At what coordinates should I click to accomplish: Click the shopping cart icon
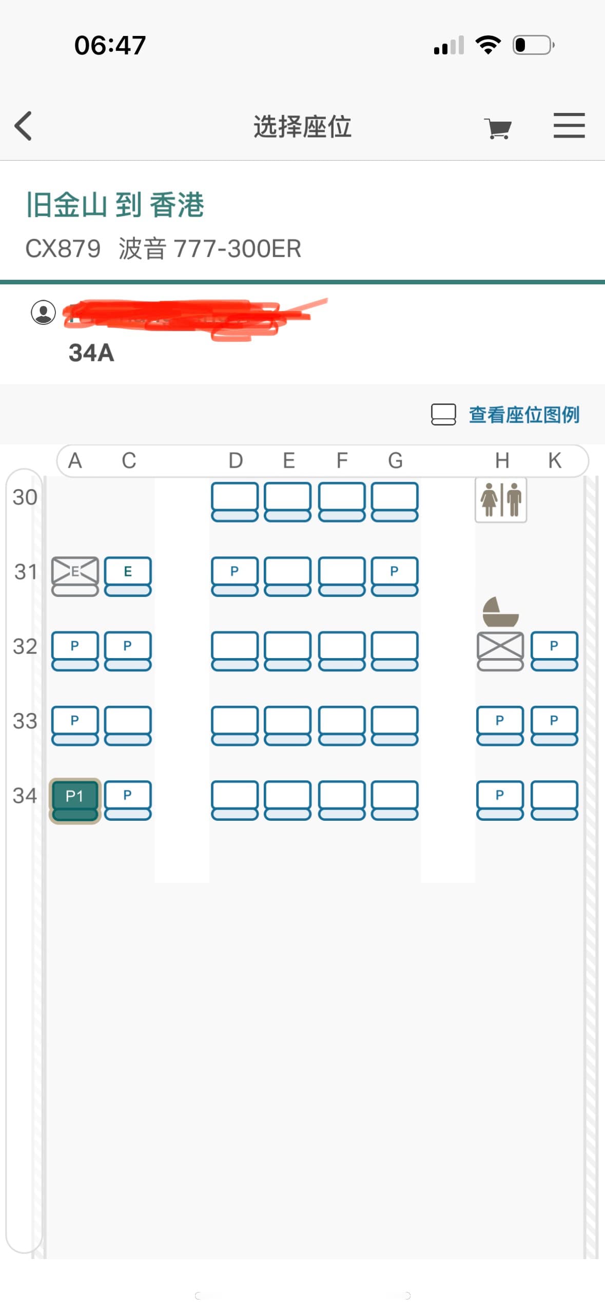[498, 128]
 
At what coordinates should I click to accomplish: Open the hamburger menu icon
[569, 126]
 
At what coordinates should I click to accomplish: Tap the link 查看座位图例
[523, 415]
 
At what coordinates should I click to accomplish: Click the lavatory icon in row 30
[500, 499]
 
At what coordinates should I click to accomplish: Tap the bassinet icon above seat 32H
[500, 612]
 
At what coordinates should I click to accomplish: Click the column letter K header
[554, 460]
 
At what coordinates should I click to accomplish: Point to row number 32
[25, 647]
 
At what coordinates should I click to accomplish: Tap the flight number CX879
[63, 249]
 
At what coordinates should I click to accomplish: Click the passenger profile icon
[44, 312]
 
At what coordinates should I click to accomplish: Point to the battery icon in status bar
[533, 45]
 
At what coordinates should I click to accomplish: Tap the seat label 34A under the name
[91, 353]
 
